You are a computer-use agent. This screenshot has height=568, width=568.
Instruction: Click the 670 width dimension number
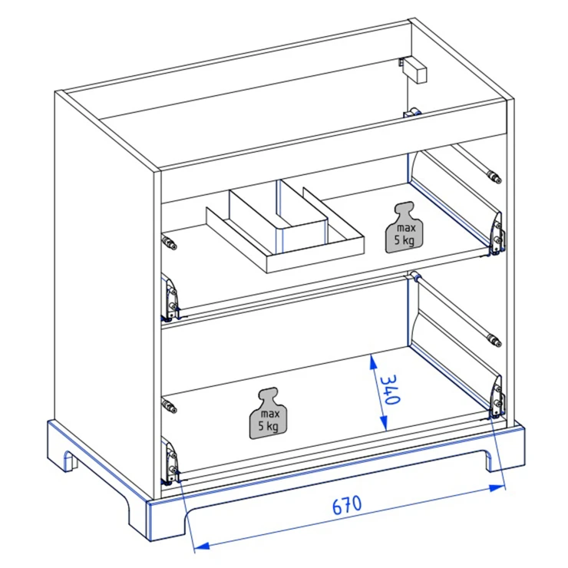[x=347, y=505]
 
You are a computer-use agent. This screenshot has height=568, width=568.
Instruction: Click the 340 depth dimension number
[x=390, y=389]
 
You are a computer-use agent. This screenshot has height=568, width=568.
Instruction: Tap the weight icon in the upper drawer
[x=405, y=227]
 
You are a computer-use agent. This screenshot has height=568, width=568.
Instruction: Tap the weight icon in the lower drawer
[x=269, y=413]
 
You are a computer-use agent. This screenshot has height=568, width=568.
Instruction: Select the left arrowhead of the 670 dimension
[x=201, y=546]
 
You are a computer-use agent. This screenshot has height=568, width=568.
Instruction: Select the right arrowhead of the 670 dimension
[x=497, y=488]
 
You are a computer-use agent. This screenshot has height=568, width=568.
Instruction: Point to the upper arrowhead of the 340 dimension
[x=372, y=362]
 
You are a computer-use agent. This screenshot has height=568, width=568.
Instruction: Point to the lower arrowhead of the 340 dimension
[x=384, y=423]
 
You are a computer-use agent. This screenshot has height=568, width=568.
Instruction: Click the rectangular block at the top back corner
[x=414, y=70]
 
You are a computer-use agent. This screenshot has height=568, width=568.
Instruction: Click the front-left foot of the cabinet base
[x=157, y=520]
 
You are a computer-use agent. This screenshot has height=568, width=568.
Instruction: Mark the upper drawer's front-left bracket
[x=170, y=297]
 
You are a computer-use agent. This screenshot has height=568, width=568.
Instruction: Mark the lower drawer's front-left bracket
[x=170, y=461]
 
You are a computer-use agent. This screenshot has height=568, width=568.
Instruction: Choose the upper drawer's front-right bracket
[x=497, y=234]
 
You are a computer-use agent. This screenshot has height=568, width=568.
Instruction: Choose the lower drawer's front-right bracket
[x=497, y=398]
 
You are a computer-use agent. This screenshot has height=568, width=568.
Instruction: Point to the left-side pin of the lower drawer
[x=169, y=405]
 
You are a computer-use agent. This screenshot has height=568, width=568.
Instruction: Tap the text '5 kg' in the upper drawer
[x=405, y=239]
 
